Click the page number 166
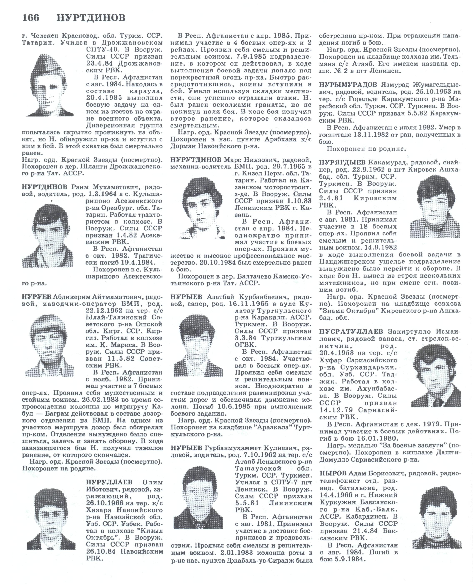[x=31, y=18]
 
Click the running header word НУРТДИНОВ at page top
[x=91, y=18]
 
